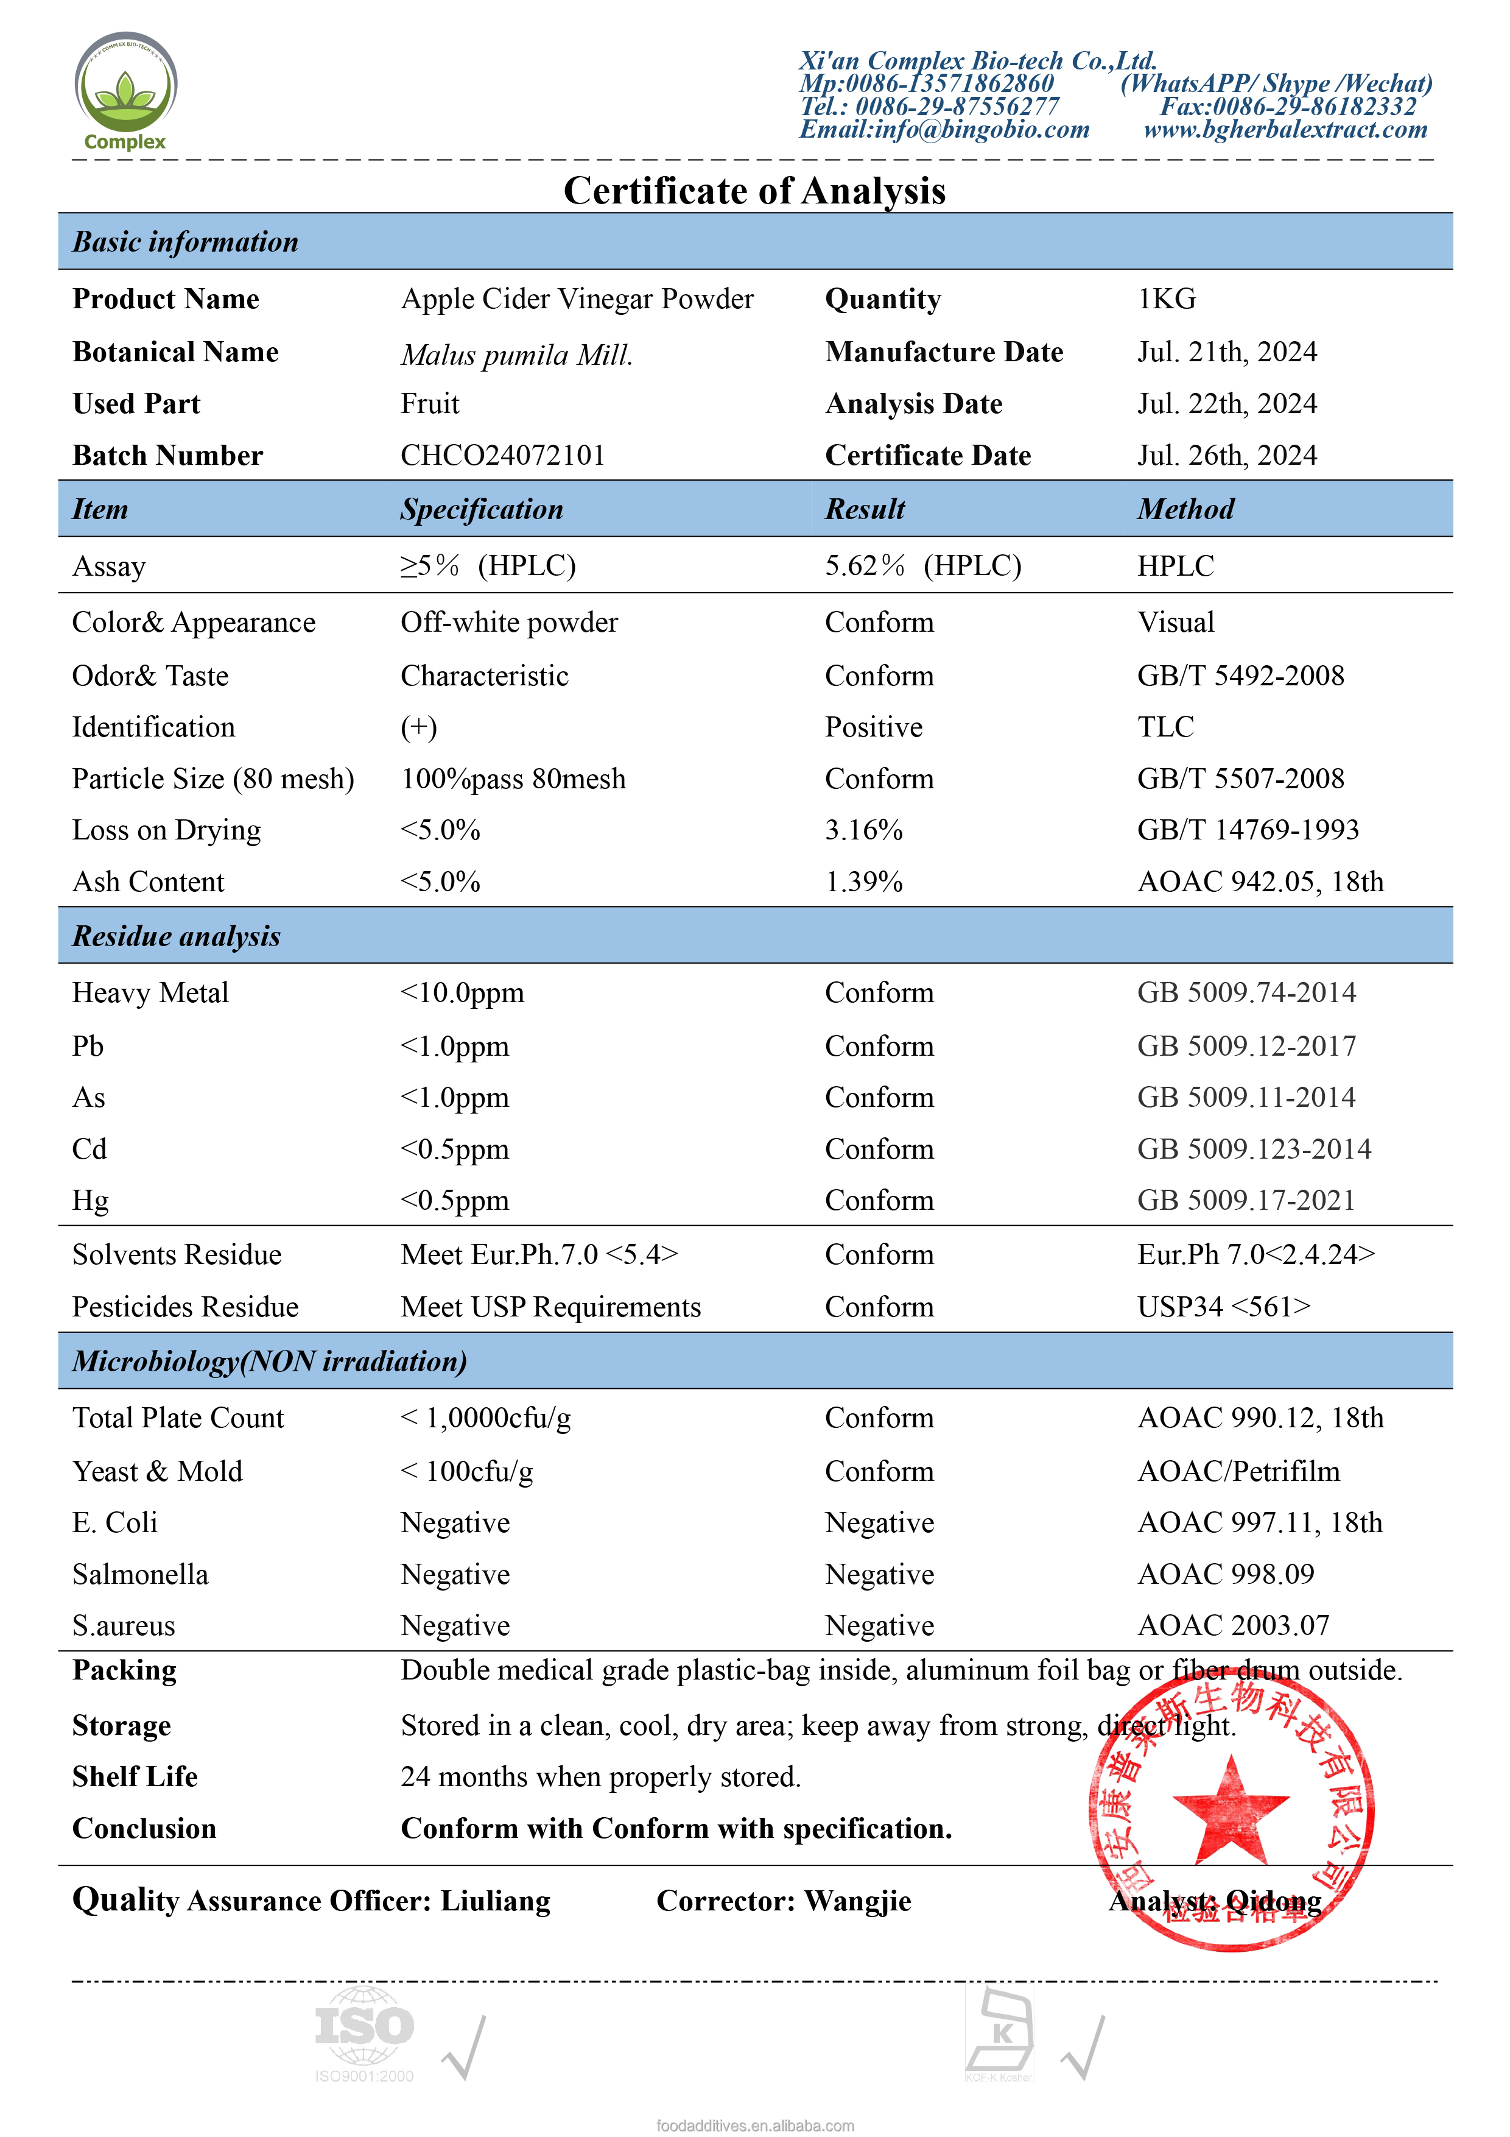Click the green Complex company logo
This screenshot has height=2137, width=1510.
tap(125, 90)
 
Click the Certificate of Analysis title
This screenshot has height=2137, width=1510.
tap(754, 191)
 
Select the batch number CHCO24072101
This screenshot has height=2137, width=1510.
tap(502, 455)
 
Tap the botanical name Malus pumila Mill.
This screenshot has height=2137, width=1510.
tap(516, 355)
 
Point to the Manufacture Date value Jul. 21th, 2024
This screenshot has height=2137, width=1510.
tap(1226, 352)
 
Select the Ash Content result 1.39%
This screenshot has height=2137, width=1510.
tap(863, 881)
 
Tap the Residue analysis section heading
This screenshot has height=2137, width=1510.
tap(177, 936)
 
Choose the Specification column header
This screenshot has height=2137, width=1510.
tap(482, 509)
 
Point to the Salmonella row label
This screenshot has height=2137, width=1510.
tap(141, 1574)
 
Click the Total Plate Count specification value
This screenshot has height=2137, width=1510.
tap(486, 1418)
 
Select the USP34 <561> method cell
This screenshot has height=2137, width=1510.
tap(1223, 1307)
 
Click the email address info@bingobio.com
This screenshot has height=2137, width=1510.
tap(944, 129)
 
